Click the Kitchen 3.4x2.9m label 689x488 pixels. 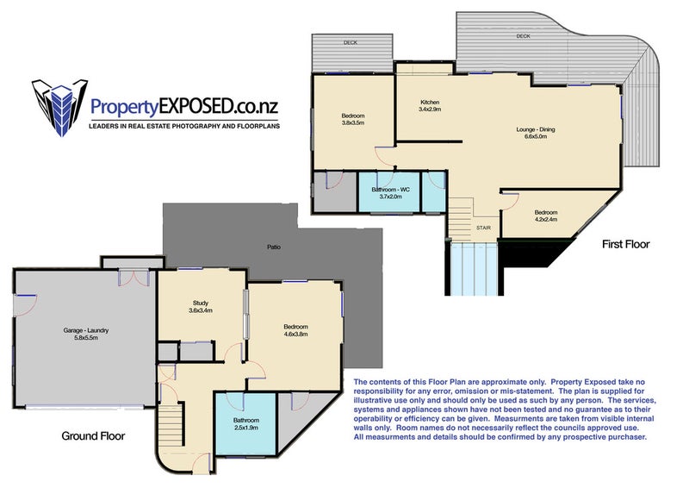point(430,105)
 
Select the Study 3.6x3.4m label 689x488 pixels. point(201,307)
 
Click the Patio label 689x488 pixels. point(274,247)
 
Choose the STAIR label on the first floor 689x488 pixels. point(483,228)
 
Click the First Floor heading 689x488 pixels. point(626,244)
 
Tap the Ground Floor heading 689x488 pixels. point(93,436)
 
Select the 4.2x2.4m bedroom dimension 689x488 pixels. point(546,219)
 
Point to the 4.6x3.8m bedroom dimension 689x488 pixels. point(295,334)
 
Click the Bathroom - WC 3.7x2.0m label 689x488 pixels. point(390,193)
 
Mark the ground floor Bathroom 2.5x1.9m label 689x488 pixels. point(246,423)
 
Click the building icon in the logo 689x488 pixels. point(59,108)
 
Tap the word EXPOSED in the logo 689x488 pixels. point(196,107)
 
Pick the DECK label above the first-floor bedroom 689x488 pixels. point(351,43)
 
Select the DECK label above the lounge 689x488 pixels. point(523,36)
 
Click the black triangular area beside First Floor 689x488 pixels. point(534,252)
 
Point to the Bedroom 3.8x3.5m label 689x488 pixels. point(353,119)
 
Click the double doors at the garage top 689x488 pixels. point(134,278)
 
